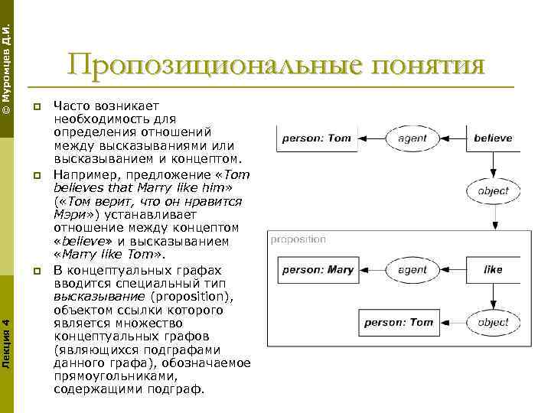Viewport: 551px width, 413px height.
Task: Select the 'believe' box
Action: (493, 138)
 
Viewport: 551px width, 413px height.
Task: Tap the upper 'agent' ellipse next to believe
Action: (412, 138)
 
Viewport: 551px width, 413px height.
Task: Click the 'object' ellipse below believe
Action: (493, 191)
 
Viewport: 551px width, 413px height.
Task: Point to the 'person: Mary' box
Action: (318, 269)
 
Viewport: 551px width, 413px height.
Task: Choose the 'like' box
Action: (493, 269)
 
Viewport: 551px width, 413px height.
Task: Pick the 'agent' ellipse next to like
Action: (412, 269)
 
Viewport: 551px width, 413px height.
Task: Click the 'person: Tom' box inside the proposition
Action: (399, 322)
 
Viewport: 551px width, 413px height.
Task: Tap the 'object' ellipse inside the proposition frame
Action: (493, 322)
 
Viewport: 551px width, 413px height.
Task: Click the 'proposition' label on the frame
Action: (298, 239)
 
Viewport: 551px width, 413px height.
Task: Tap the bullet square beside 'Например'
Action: (36, 175)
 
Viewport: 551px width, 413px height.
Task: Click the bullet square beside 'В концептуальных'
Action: (36, 272)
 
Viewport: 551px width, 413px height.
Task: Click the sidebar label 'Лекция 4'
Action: (7, 337)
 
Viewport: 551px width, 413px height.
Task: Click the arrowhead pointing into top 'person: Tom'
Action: (363, 138)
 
